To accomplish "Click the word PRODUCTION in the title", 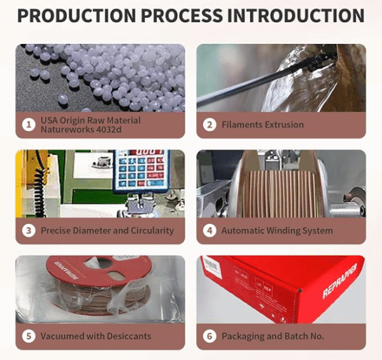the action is [77, 15].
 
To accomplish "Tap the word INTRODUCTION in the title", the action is [295, 15].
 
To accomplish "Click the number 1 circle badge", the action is [29, 125].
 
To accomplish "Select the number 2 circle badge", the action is [209, 125].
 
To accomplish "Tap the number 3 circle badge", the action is [29, 230].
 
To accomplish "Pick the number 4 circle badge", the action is [209, 230].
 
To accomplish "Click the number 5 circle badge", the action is [29, 336].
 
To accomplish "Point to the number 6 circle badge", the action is [209, 336].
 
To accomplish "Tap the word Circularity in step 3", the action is [152, 231].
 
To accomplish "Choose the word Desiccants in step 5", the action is [129, 336].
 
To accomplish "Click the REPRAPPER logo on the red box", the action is [339, 281].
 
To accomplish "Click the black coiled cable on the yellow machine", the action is [39, 192].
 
